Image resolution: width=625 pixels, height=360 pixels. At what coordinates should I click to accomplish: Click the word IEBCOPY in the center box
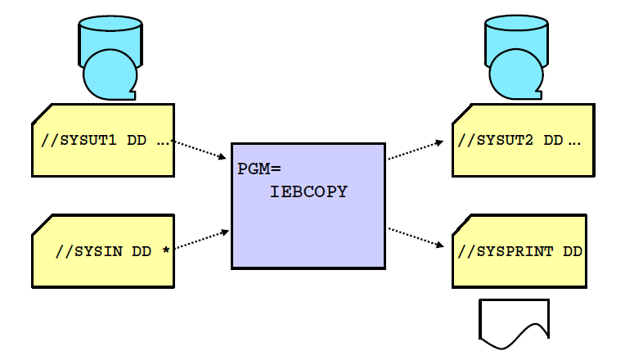[x=308, y=192]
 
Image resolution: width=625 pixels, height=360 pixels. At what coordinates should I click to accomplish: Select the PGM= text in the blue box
[x=259, y=169]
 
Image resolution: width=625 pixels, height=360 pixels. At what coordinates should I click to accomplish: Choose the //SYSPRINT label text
[x=507, y=251]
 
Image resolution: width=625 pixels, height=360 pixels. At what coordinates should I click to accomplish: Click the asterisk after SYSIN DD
[x=166, y=250]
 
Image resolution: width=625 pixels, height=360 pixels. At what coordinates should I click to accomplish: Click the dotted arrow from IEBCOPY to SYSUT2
[x=416, y=150]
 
